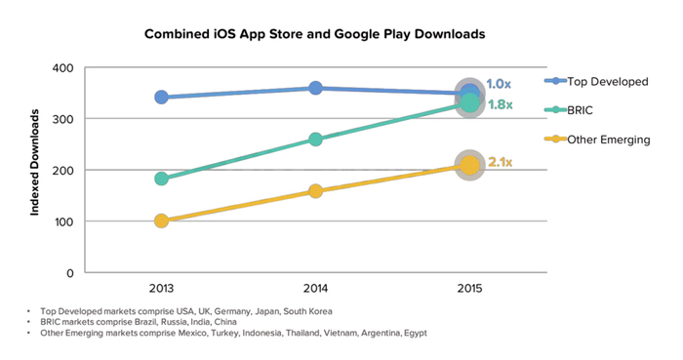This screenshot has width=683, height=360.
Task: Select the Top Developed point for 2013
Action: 161,97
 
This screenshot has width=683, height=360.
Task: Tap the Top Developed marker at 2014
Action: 315,88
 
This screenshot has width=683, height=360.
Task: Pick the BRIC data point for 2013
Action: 161,179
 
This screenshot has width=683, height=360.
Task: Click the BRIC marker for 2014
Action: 315,139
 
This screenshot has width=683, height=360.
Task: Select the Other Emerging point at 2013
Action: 161,220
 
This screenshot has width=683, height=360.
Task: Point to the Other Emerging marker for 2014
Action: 315,191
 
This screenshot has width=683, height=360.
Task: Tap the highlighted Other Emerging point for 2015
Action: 470,166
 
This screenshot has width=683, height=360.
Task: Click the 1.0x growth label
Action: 500,86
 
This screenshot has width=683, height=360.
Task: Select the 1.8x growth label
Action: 500,104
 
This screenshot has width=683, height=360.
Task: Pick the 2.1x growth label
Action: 500,163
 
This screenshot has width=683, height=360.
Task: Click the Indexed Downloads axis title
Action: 35,162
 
